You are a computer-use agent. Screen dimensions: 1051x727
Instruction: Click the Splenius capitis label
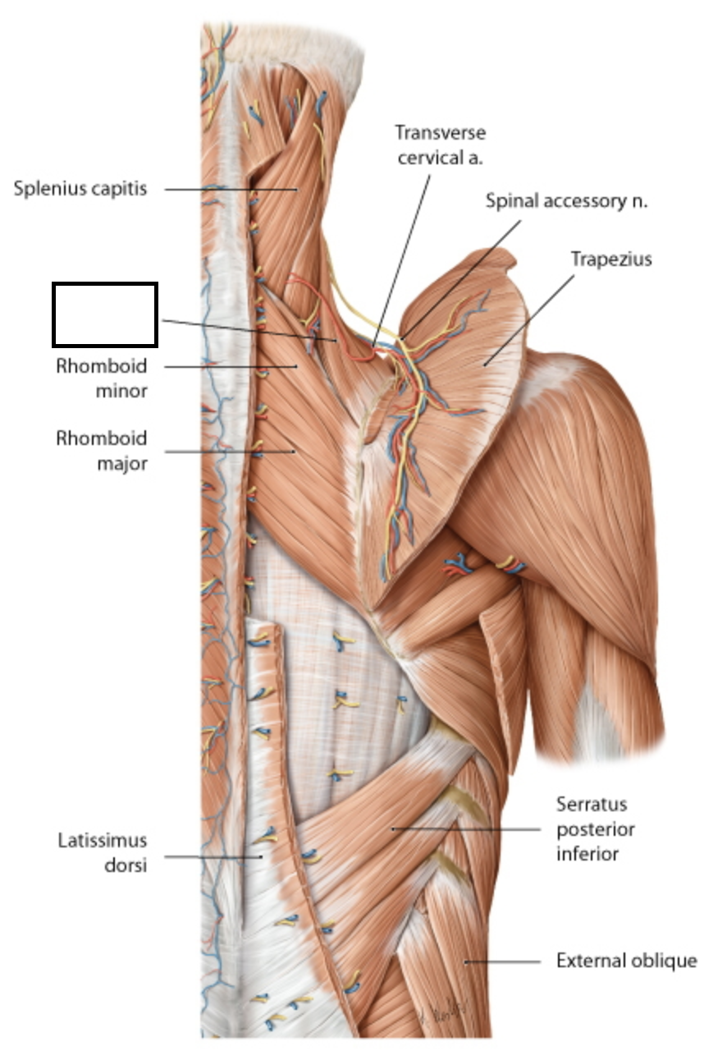[80, 189]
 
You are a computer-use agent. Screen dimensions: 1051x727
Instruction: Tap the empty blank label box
[104, 314]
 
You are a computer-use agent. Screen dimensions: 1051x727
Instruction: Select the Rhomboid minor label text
[102, 379]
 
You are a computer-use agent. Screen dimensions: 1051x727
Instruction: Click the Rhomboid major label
[102, 451]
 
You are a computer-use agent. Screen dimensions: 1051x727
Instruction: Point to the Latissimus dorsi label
[102, 852]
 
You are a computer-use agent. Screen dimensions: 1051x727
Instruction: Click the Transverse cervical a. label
[440, 145]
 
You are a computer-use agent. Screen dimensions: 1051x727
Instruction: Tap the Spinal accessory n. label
[566, 200]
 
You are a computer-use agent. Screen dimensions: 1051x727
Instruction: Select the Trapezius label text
[611, 259]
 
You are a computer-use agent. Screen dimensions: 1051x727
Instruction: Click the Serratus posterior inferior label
[596, 828]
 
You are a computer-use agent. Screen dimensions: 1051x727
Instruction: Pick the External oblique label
[627, 960]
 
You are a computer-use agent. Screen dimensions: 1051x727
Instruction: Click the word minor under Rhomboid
[121, 391]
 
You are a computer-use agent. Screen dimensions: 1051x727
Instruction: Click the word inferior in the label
[588, 854]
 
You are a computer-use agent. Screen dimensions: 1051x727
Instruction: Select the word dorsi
[126, 865]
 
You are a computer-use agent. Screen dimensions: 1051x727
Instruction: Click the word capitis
[121, 189]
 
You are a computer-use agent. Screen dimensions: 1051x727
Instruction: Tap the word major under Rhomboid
[122, 463]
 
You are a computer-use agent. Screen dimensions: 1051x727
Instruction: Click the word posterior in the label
[596, 829]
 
